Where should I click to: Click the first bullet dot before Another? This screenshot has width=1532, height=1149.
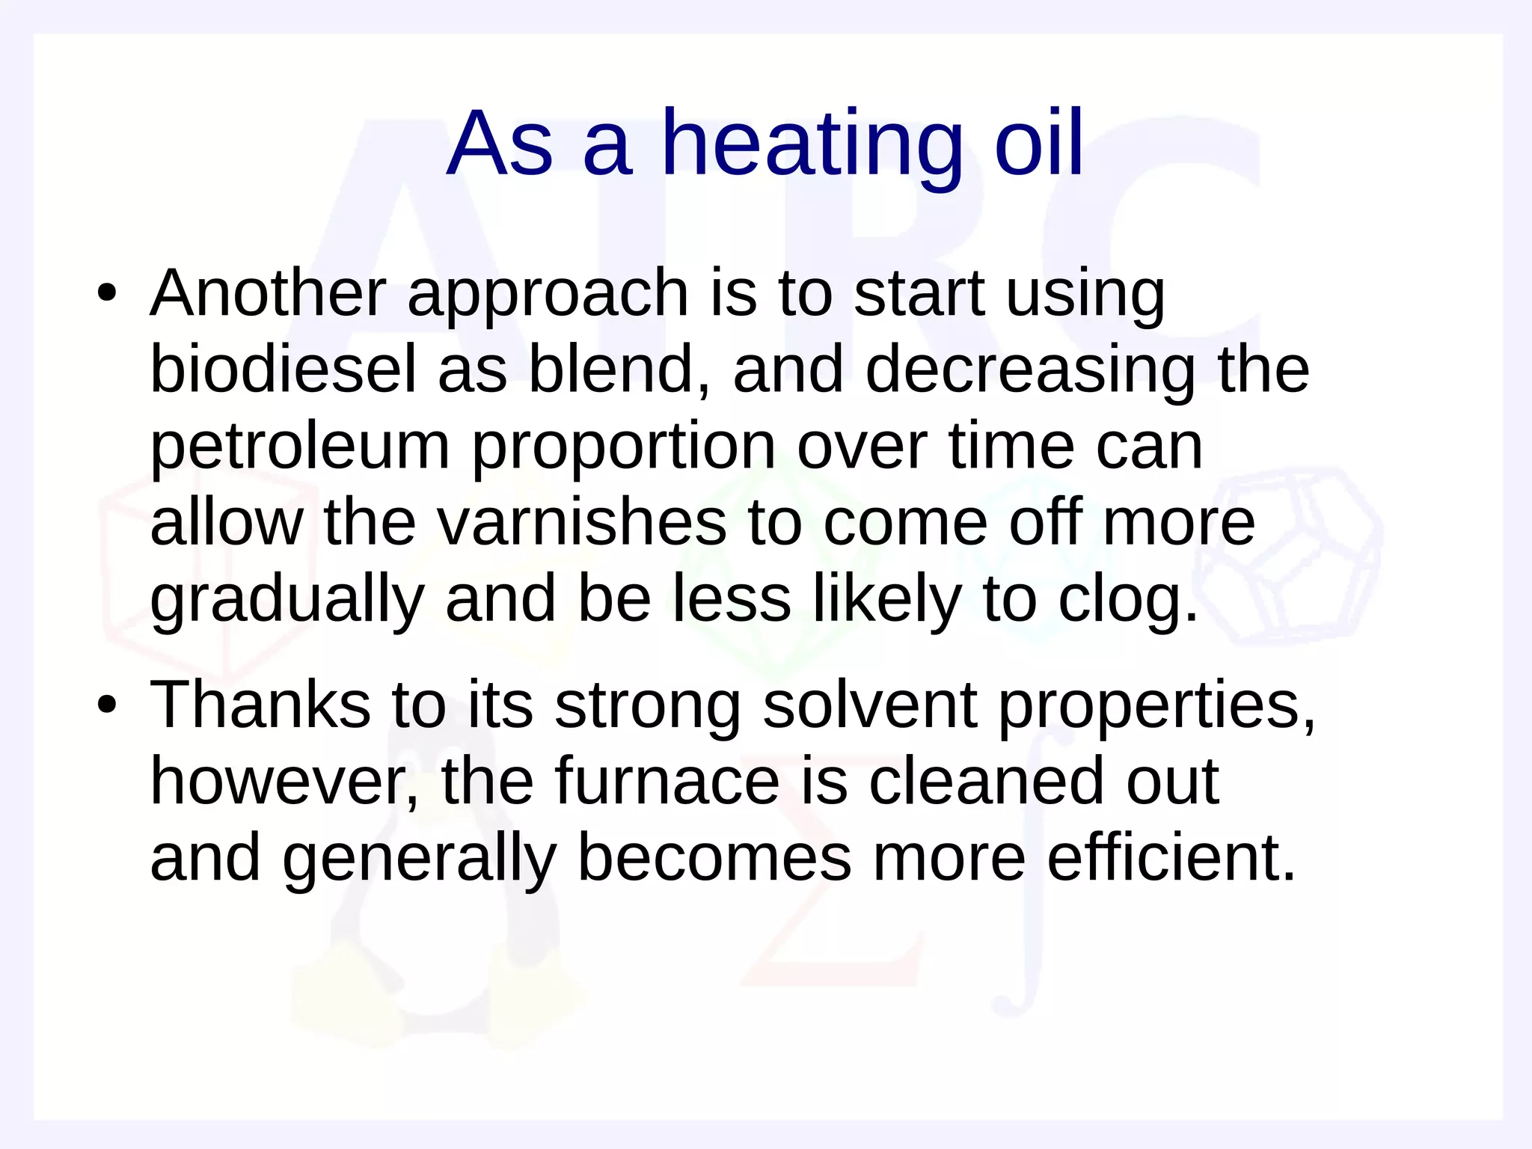coord(107,292)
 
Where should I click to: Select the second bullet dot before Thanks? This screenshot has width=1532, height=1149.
coord(107,705)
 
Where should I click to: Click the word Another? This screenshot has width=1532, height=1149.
coord(268,292)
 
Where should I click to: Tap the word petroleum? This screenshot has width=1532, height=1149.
coord(299,447)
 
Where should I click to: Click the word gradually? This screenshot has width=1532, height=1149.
coord(287,600)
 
